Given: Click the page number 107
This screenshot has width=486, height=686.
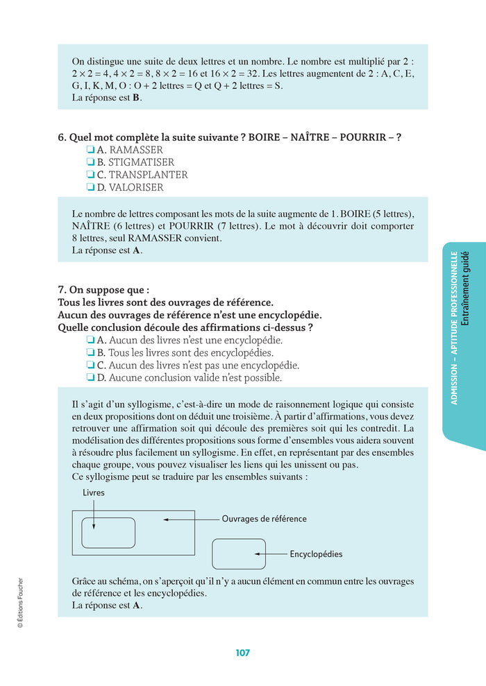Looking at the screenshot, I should pos(242,653).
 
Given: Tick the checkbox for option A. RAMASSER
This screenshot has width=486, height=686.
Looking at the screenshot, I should pos(90,150).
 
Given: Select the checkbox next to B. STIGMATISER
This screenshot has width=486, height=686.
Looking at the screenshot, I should pos(90,162).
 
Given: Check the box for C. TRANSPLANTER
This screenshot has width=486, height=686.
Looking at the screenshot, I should pos(90,175).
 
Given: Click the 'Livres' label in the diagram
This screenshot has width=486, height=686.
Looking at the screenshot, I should pos(94,492).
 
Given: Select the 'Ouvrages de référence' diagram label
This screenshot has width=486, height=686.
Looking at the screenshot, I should pos(264,519).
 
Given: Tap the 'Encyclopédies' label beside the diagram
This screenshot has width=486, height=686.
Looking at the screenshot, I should pos(316,554).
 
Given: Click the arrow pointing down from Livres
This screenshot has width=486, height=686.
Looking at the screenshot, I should pos(94,513).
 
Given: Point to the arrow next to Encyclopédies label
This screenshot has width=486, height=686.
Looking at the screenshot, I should pos(270,554).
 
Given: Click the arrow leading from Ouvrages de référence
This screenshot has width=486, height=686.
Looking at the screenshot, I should pos(191,519).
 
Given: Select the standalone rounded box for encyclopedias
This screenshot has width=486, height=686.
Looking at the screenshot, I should pos(238,554).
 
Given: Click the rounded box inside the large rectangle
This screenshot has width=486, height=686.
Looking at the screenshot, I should pos(108,533).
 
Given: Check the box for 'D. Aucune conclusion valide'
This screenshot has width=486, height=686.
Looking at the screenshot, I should pos(90,378).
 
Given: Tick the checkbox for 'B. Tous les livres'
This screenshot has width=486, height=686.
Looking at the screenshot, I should pos(90,353).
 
